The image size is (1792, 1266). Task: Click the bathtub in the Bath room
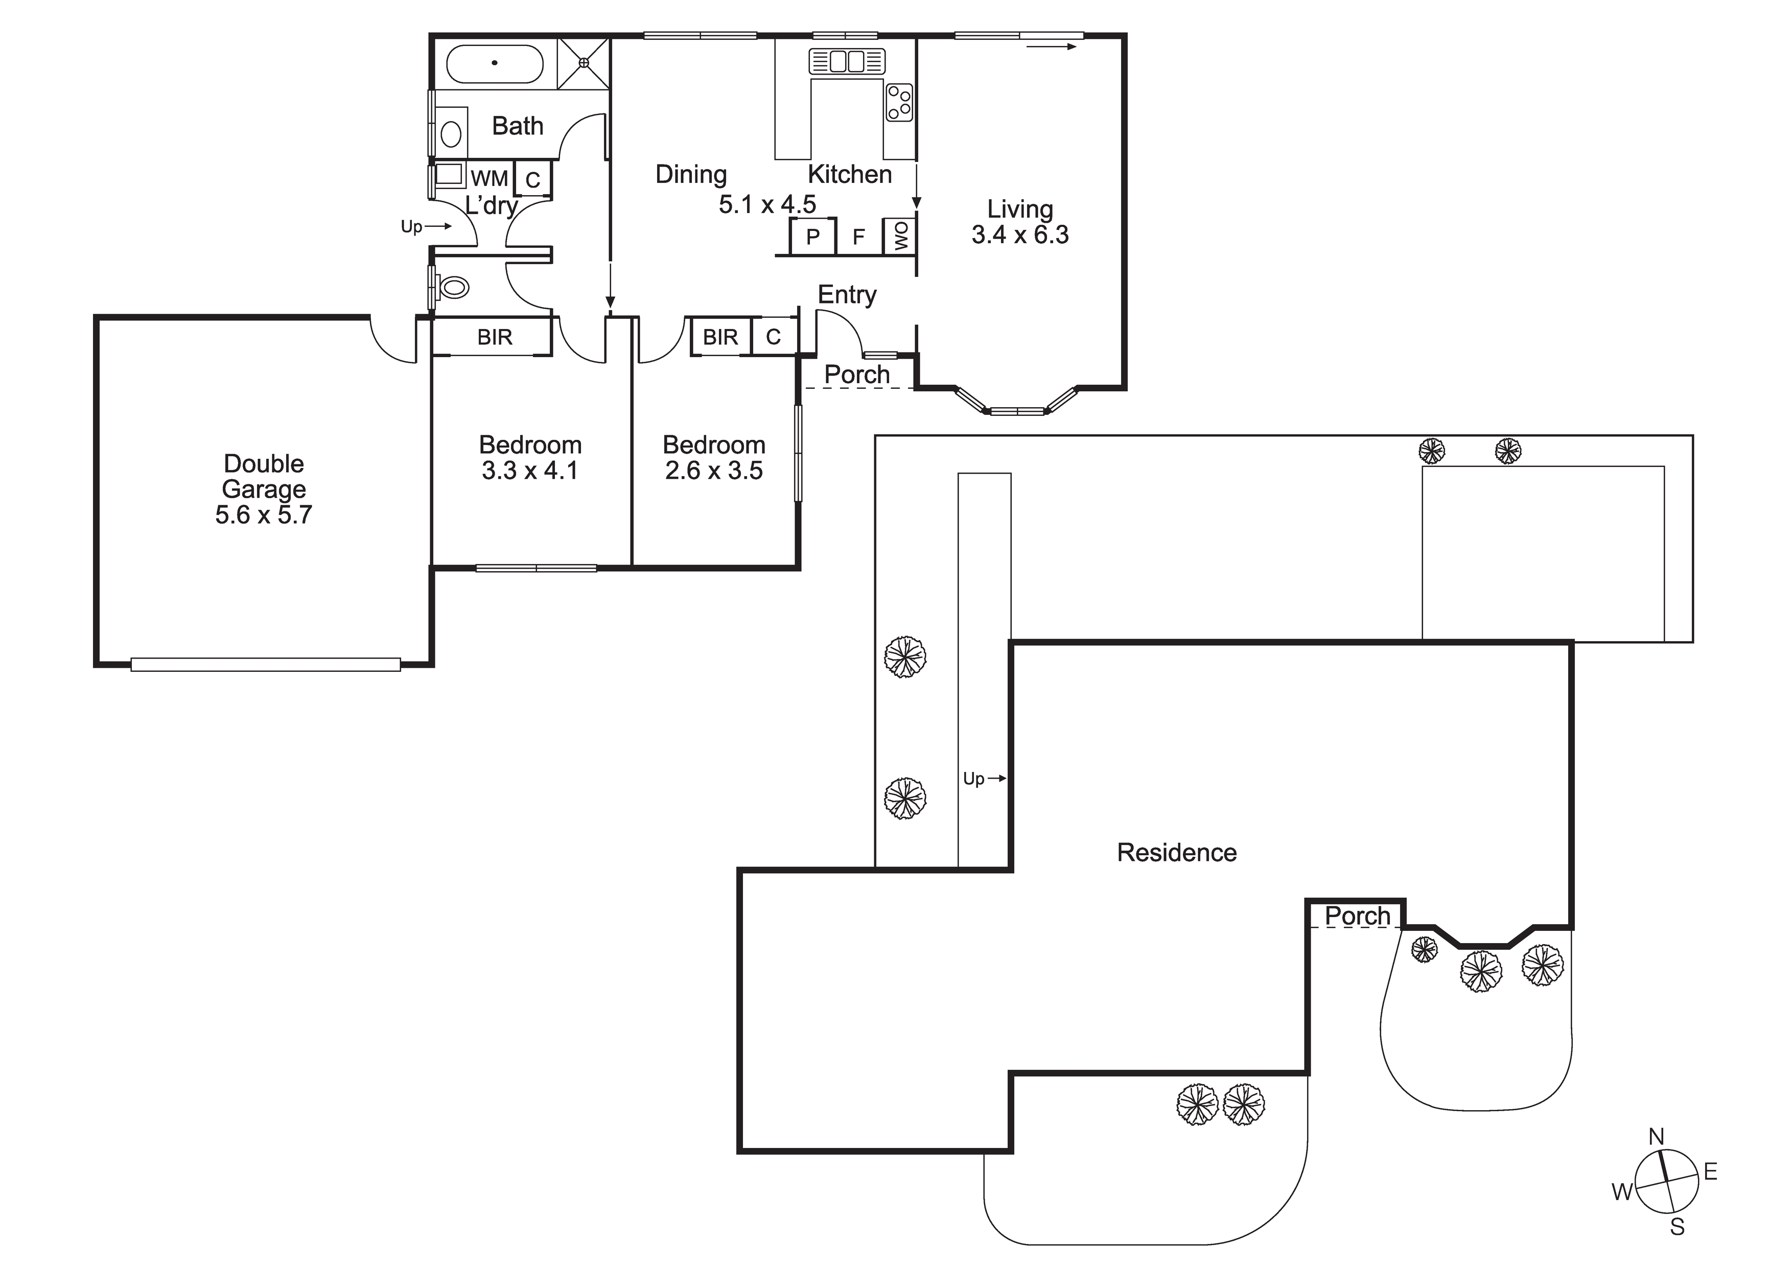click(x=495, y=63)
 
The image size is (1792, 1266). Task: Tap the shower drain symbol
click(x=584, y=62)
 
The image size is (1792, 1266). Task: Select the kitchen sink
click(x=847, y=61)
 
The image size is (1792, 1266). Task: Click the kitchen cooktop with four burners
click(x=899, y=102)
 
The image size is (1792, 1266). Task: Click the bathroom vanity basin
click(x=451, y=133)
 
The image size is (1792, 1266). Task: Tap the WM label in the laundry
click(x=490, y=179)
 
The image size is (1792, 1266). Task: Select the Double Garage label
click(x=264, y=476)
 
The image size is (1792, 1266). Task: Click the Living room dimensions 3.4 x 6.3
click(x=1020, y=235)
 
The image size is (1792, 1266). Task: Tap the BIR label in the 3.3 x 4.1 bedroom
click(x=495, y=337)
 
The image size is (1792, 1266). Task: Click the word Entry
click(x=847, y=295)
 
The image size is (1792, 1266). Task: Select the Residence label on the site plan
click(x=1177, y=852)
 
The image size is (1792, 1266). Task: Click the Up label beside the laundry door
click(x=411, y=226)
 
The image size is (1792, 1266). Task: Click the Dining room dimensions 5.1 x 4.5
click(x=767, y=204)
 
